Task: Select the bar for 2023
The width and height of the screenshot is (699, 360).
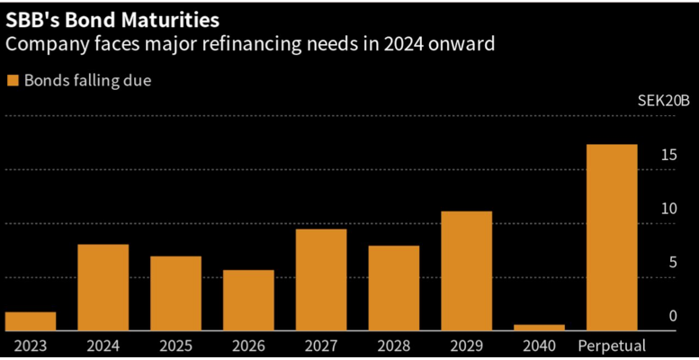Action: point(30,321)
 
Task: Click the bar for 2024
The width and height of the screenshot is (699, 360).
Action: point(103,287)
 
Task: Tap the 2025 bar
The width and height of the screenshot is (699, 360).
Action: point(175,293)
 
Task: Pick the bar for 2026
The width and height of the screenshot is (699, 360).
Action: point(248,300)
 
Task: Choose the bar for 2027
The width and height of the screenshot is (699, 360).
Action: point(321,280)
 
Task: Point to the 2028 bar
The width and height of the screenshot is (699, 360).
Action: point(393,288)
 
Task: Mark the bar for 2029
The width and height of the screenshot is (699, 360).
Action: point(466,271)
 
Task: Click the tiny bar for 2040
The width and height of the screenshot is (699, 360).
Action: point(539,328)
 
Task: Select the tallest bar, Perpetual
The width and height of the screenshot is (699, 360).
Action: point(612,238)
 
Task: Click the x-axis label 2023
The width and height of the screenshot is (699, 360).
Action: point(30,345)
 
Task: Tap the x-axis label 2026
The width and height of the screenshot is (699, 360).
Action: point(248,345)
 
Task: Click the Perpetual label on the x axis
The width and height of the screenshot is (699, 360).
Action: point(612,345)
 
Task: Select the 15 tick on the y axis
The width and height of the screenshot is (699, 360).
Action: point(667,156)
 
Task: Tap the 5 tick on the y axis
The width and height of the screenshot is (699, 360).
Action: point(670,263)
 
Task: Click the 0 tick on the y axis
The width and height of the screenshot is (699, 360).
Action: point(670,317)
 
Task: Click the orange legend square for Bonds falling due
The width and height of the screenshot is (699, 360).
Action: point(13,81)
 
